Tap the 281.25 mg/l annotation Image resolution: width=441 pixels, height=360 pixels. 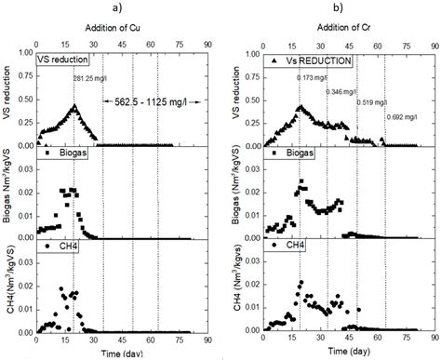[x=93, y=78]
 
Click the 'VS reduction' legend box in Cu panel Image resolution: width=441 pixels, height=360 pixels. [x=65, y=61]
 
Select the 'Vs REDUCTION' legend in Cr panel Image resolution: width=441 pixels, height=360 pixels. [x=300, y=61]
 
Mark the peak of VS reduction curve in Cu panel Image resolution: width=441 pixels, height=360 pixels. [x=73, y=105]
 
